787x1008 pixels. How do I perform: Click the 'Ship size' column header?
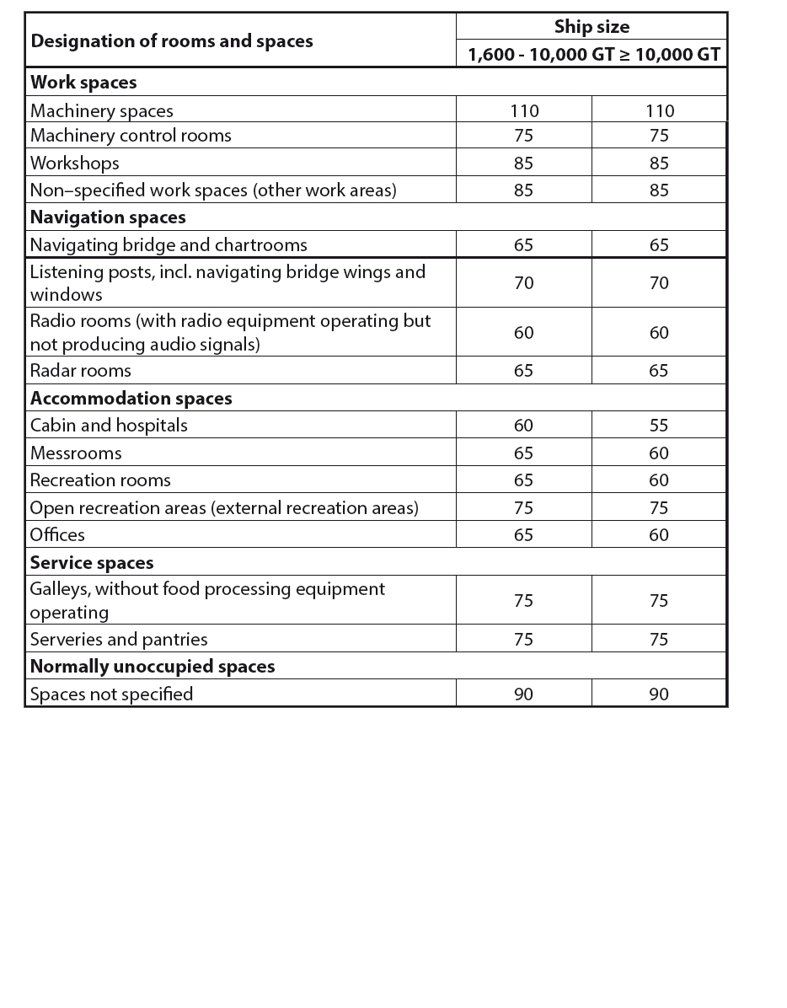tap(592, 27)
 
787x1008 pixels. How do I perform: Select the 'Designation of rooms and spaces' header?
tap(172, 40)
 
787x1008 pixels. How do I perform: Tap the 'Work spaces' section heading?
tap(83, 83)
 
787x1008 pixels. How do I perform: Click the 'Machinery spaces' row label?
tap(102, 110)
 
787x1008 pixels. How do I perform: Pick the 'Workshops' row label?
tap(75, 163)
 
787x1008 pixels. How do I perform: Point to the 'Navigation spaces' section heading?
tap(108, 217)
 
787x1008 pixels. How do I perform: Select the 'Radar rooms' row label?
tap(81, 371)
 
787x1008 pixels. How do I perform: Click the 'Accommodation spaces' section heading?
tap(131, 398)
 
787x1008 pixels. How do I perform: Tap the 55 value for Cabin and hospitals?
tap(659, 426)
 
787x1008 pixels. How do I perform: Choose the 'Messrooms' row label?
tap(76, 453)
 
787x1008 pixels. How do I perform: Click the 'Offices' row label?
tap(57, 535)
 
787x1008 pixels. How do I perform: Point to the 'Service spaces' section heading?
tap(92, 562)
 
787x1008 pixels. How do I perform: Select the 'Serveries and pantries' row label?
tap(119, 640)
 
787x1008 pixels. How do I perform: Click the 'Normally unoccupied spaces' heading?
tap(153, 667)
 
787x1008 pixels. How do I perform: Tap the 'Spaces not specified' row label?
tap(111, 694)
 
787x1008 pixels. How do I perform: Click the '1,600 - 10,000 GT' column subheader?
tap(541, 56)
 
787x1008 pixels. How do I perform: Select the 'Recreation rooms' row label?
tap(100, 480)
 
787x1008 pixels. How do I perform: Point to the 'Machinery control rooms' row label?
tap(131, 136)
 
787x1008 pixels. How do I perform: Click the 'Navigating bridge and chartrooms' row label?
tap(169, 245)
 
